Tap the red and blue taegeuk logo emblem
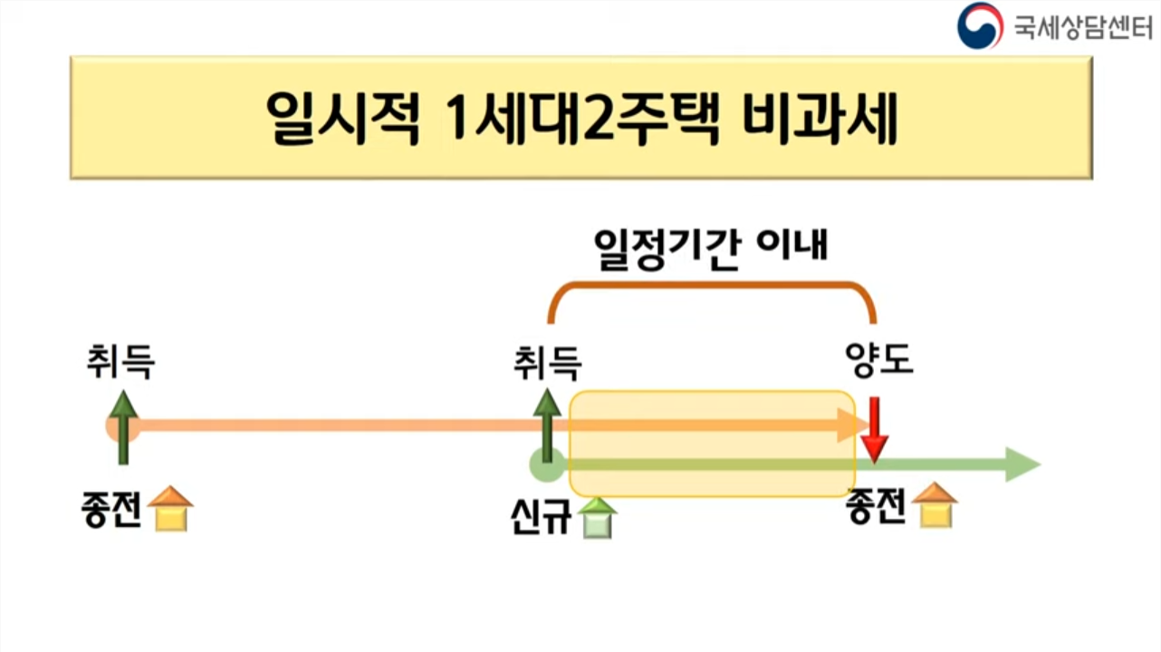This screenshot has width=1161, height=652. click(980, 25)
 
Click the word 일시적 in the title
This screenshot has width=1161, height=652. click(344, 118)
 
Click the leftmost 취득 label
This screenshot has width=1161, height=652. click(121, 362)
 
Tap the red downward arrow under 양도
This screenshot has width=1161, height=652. click(874, 429)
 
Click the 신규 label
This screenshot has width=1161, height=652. click(541, 520)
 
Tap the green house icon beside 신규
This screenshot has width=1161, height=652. click(598, 519)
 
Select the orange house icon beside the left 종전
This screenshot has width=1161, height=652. click(171, 509)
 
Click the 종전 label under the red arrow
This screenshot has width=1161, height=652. click(876, 507)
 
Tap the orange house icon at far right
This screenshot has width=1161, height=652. click(936, 505)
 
